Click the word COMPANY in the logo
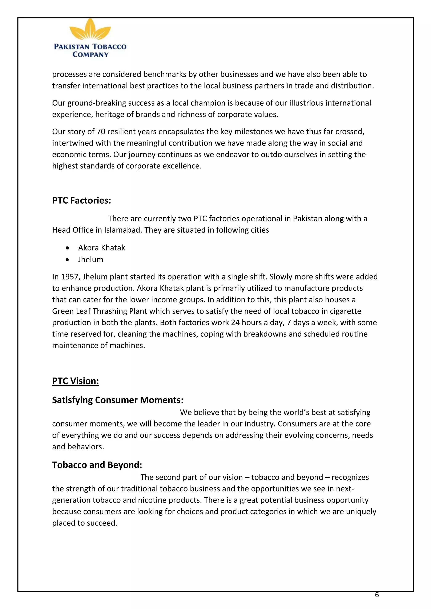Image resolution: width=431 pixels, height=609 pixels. click(x=90, y=55)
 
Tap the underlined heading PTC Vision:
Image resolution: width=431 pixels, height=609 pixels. click(x=75, y=381)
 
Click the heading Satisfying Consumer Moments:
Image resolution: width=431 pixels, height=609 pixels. click(x=118, y=400)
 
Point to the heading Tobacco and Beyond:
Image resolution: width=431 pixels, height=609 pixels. click(x=97, y=465)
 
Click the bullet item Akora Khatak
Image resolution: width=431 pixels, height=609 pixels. click(x=101, y=248)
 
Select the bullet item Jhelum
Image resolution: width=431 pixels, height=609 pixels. click(x=90, y=259)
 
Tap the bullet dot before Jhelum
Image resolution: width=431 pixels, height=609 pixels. click(x=67, y=260)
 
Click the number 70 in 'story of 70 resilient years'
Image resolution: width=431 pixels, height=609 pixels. click(x=101, y=132)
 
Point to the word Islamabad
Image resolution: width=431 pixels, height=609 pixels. click(x=123, y=230)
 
